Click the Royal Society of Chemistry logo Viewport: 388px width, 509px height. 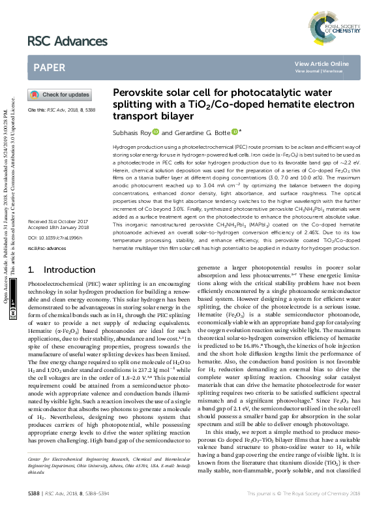coord(340,25)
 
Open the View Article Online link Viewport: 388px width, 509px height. coord(321,64)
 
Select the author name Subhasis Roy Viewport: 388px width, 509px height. coord(132,132)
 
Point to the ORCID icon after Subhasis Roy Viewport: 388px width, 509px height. coord(157,132)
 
